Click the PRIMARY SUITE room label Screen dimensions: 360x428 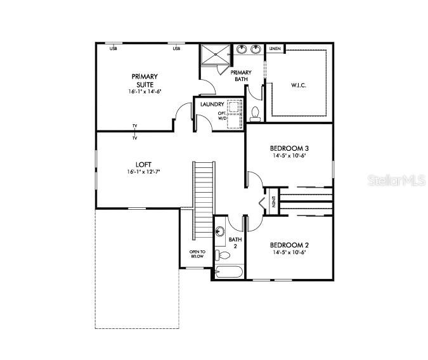point(145,80)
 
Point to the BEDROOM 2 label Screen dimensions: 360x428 point(289,245)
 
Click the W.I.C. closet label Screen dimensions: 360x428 point(299,84)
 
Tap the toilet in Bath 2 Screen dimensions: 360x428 point(223,256)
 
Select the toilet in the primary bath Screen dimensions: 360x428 point(255,113)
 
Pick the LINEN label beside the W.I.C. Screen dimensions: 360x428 point(275,49)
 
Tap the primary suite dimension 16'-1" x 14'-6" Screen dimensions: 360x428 point(145,91)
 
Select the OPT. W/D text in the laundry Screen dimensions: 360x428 point(223,115)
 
